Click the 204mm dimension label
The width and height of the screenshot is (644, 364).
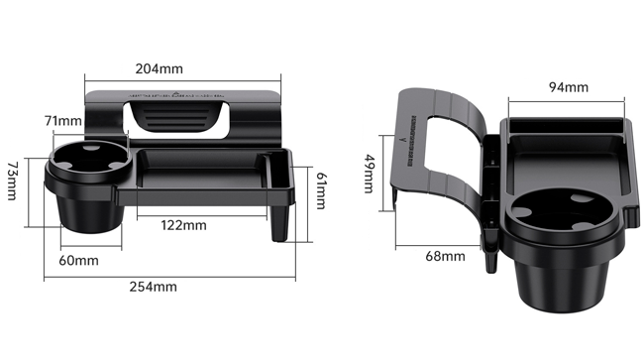pos(159,68)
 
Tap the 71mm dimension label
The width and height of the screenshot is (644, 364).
pos(62,121)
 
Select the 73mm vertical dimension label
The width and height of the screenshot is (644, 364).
pos(12,181)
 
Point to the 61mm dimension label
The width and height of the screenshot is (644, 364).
pos(321,190)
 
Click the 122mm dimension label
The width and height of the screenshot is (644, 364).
pos(183,225)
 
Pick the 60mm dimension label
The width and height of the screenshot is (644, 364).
pos(78,260)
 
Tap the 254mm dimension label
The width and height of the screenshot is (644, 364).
pos(154,287)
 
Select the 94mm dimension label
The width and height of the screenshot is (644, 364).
pos(569,87)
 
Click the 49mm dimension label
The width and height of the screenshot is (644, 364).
pos(370,174)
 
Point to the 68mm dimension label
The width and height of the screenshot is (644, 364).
pos(445,256)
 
